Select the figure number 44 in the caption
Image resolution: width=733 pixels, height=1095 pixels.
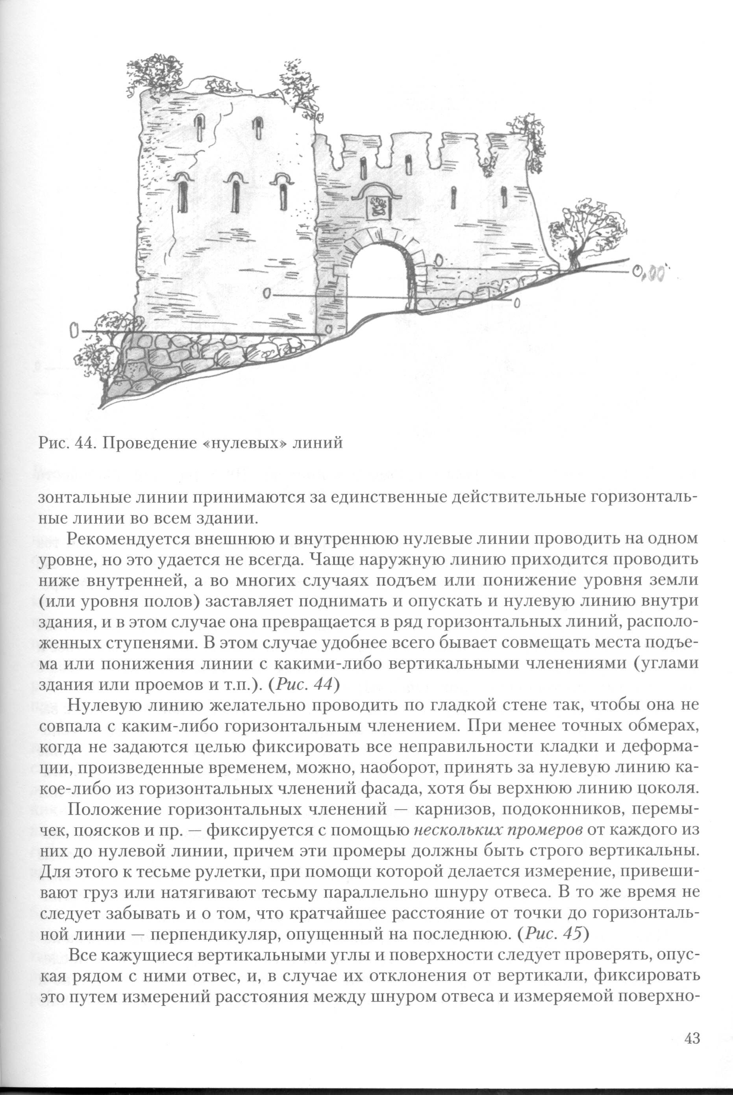point(83,442)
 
